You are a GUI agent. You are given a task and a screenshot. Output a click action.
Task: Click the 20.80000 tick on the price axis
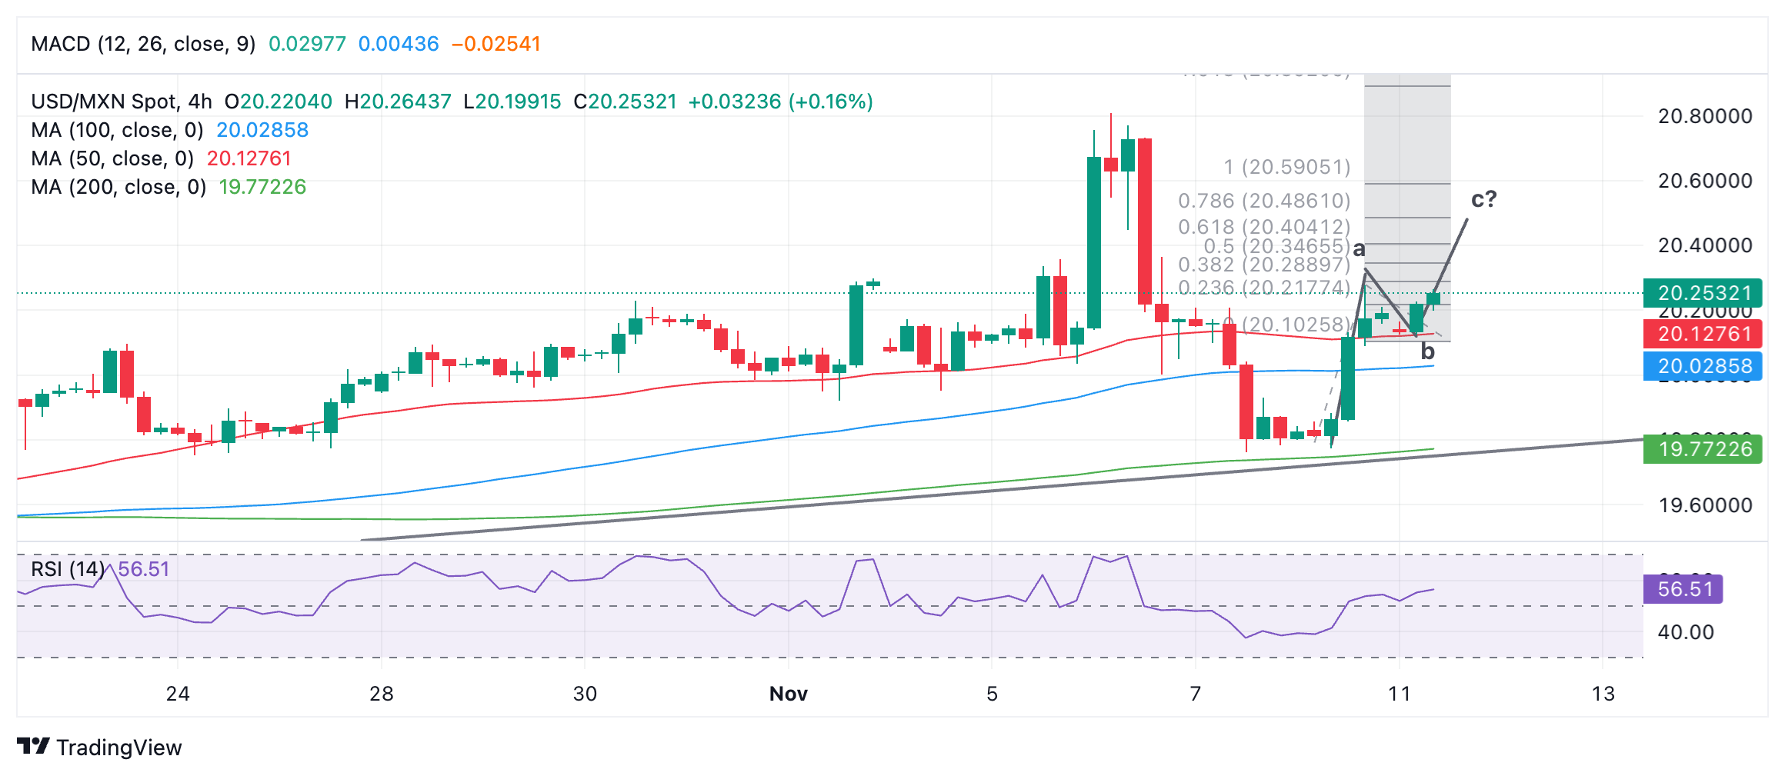point(1704,116)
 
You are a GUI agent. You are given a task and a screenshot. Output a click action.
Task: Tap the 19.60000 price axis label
point(1704,505)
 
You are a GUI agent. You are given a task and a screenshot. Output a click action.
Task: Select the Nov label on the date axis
point(788,694)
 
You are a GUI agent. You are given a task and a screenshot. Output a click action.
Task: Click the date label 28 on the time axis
point(382,694)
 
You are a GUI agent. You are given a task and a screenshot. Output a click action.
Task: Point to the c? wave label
point(1483,199)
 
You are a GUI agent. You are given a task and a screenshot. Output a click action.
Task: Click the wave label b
point(1427,352)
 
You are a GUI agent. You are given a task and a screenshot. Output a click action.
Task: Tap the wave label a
point(1360,249)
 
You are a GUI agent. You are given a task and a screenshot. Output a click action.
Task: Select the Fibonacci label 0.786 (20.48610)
point(1264,201)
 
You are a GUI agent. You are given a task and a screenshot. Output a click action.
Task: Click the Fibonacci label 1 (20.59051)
point(1287,167)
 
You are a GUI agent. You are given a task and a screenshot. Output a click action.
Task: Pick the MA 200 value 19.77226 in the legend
point(262,187)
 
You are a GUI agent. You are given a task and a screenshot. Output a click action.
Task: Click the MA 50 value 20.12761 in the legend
point(249,158)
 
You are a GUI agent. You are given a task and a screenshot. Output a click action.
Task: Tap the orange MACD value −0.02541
point(496,44)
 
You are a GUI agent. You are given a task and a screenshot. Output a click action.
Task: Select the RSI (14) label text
point(68,569)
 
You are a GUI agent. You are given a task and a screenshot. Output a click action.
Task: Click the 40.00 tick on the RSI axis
point(1685,632)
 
